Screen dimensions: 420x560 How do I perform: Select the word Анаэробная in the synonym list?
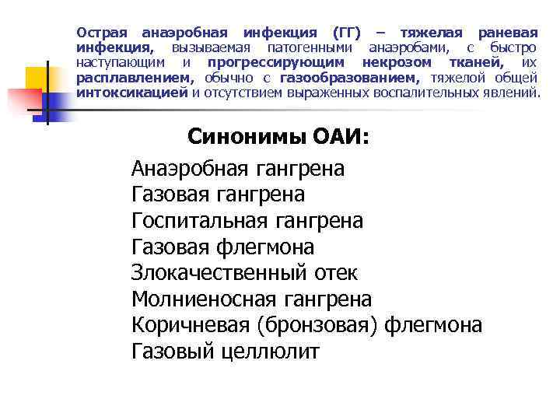[x=188, y=167]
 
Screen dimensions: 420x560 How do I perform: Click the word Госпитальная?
[x=198, y=221]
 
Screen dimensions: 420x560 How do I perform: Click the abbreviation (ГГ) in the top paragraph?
[x=348, y=33]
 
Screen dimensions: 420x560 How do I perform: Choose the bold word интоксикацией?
[x=132, y=93]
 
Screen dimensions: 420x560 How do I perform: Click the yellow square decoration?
[x=38, y=79]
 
